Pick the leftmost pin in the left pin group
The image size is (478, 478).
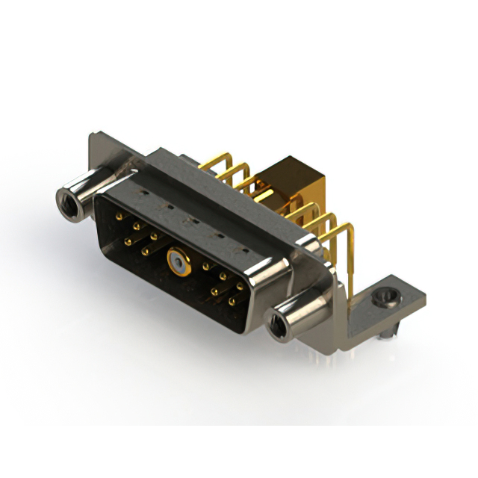pos(119,216)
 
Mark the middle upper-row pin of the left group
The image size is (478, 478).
pos(136,225)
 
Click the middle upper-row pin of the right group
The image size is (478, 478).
pos(223,276)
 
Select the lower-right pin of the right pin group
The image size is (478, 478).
pos(232,302)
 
